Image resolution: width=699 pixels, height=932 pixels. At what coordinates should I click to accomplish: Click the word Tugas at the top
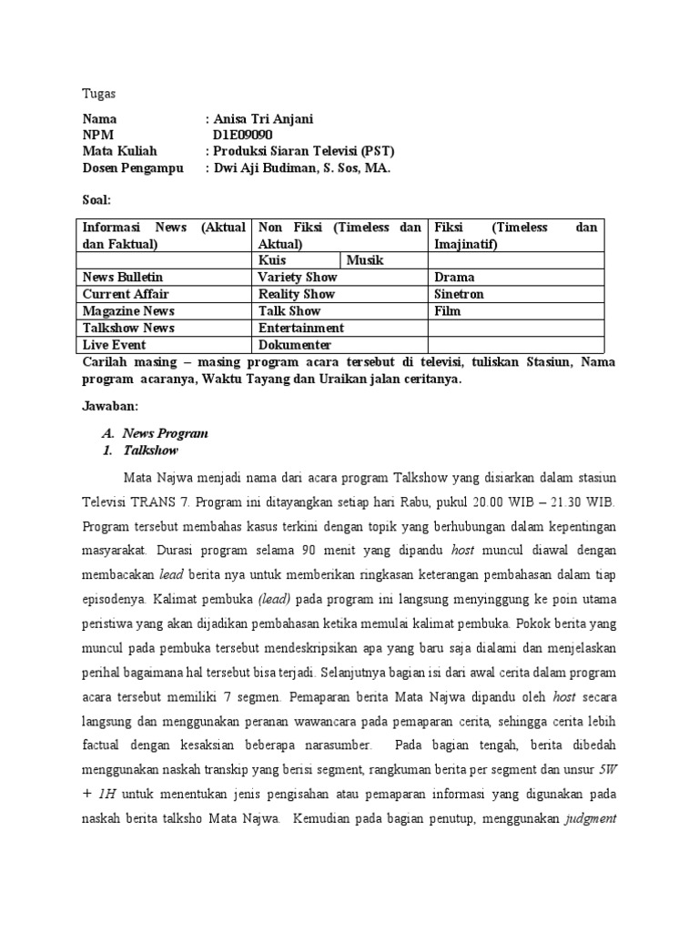point(99,94)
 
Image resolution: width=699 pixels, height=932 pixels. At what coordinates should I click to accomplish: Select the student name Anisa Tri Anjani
point(264,119)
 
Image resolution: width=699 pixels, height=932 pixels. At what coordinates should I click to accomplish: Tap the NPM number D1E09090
point(242,136)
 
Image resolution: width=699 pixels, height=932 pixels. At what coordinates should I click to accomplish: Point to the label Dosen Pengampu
point(133,168)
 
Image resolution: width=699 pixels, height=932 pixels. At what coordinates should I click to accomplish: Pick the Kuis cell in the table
point(273,260)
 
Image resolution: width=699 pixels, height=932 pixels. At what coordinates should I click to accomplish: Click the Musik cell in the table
point(365,260)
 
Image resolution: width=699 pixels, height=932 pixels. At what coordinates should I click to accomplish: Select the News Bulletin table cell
point(124,277)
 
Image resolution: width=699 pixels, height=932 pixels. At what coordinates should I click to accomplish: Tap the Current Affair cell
point(126,294)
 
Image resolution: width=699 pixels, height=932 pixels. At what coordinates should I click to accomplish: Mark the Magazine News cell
point(128,311)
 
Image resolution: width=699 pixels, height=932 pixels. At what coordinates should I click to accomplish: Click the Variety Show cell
point(298,277)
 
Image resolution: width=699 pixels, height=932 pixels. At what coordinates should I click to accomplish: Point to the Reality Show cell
point(297,294)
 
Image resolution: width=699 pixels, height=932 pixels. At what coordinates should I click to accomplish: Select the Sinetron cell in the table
point(460,294)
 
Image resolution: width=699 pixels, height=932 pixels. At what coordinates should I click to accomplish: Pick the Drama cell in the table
point(455,277)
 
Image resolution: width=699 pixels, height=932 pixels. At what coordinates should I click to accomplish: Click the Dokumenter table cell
point(296,345)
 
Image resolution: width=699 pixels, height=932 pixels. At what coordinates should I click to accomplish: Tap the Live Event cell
point(115,345)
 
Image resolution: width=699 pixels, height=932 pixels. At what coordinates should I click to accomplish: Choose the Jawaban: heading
point(109,407)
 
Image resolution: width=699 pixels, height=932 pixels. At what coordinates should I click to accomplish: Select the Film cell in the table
point(448,311)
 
